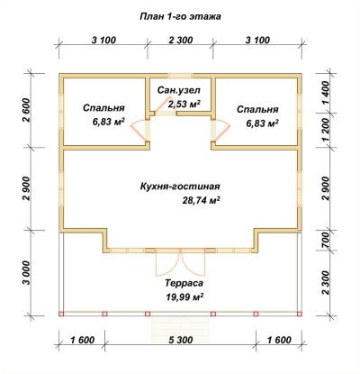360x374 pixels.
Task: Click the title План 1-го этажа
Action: [180, 16]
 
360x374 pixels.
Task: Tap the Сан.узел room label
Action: [179, 90]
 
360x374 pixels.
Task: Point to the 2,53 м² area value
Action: [184, 104]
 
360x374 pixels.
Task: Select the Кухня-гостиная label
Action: [180, 187]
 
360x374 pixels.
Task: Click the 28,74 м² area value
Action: [202, 200]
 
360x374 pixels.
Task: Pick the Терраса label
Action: [184, 283]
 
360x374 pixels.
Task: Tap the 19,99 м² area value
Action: [184, 297]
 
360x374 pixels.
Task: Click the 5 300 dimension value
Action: [180, 340]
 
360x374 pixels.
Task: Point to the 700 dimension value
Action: [326, 241]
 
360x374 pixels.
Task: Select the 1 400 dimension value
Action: [326, 93]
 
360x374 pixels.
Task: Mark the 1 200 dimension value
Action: [326, 130]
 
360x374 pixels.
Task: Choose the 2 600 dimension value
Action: [26, 110]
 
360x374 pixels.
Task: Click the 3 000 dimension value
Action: [26, 273]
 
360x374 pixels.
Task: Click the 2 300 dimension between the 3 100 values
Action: [180, 40]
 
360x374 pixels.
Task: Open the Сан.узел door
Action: [165, 106]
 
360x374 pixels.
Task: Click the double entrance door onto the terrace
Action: [181, 262]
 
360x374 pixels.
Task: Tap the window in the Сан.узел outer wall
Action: [180, 76]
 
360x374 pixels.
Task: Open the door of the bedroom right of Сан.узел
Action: [220, 130]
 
